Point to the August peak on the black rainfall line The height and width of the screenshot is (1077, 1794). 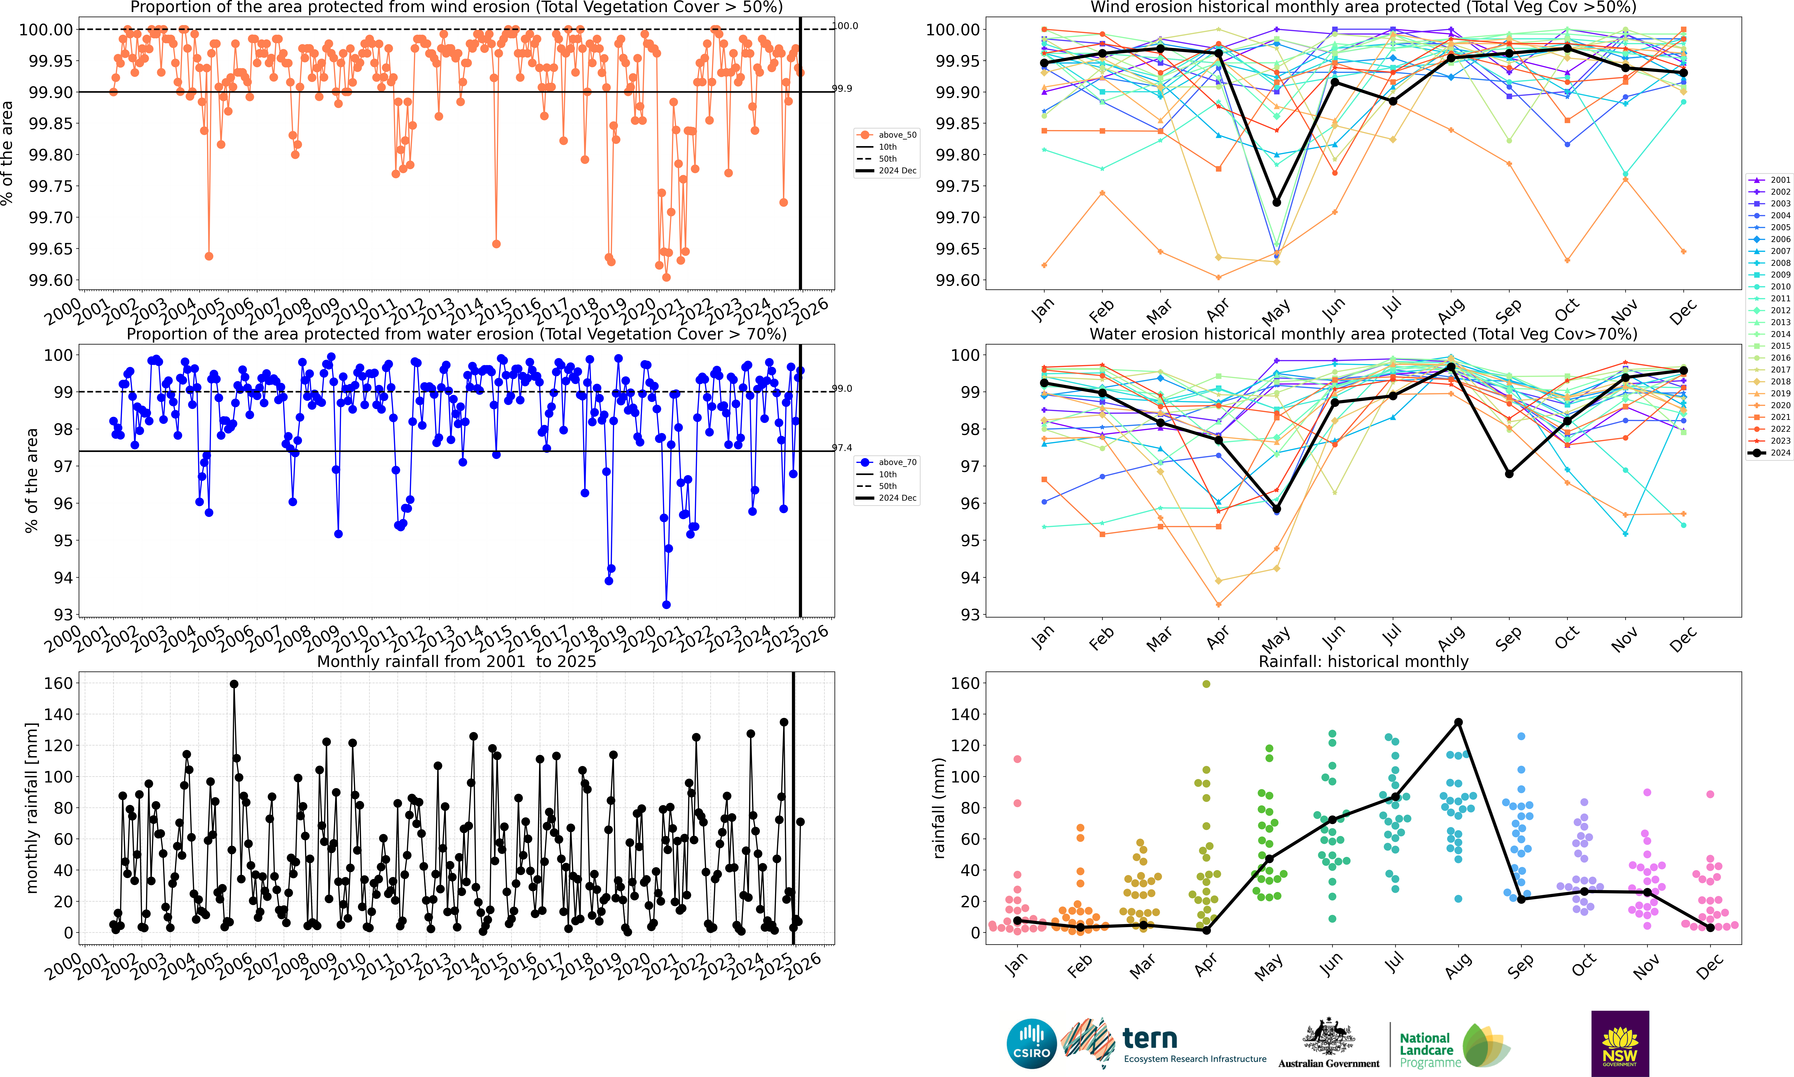click(x=1458, y=722)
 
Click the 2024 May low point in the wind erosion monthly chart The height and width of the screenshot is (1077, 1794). click(x=1277, y=203)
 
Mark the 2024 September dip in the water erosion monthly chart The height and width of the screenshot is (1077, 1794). click(x=1509, y=474)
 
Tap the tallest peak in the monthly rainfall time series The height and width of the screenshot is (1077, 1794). click(x=234, y=684)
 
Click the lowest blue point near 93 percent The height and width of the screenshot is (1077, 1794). click(x=666, y=604)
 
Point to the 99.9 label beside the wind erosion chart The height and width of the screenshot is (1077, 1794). click(x=842, y=89)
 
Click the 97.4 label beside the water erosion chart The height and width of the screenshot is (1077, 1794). click(x=842, y=448)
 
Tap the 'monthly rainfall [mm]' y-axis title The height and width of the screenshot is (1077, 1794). click(x=31, y=808)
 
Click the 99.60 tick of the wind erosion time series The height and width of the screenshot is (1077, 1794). click(x=51, y=280)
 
